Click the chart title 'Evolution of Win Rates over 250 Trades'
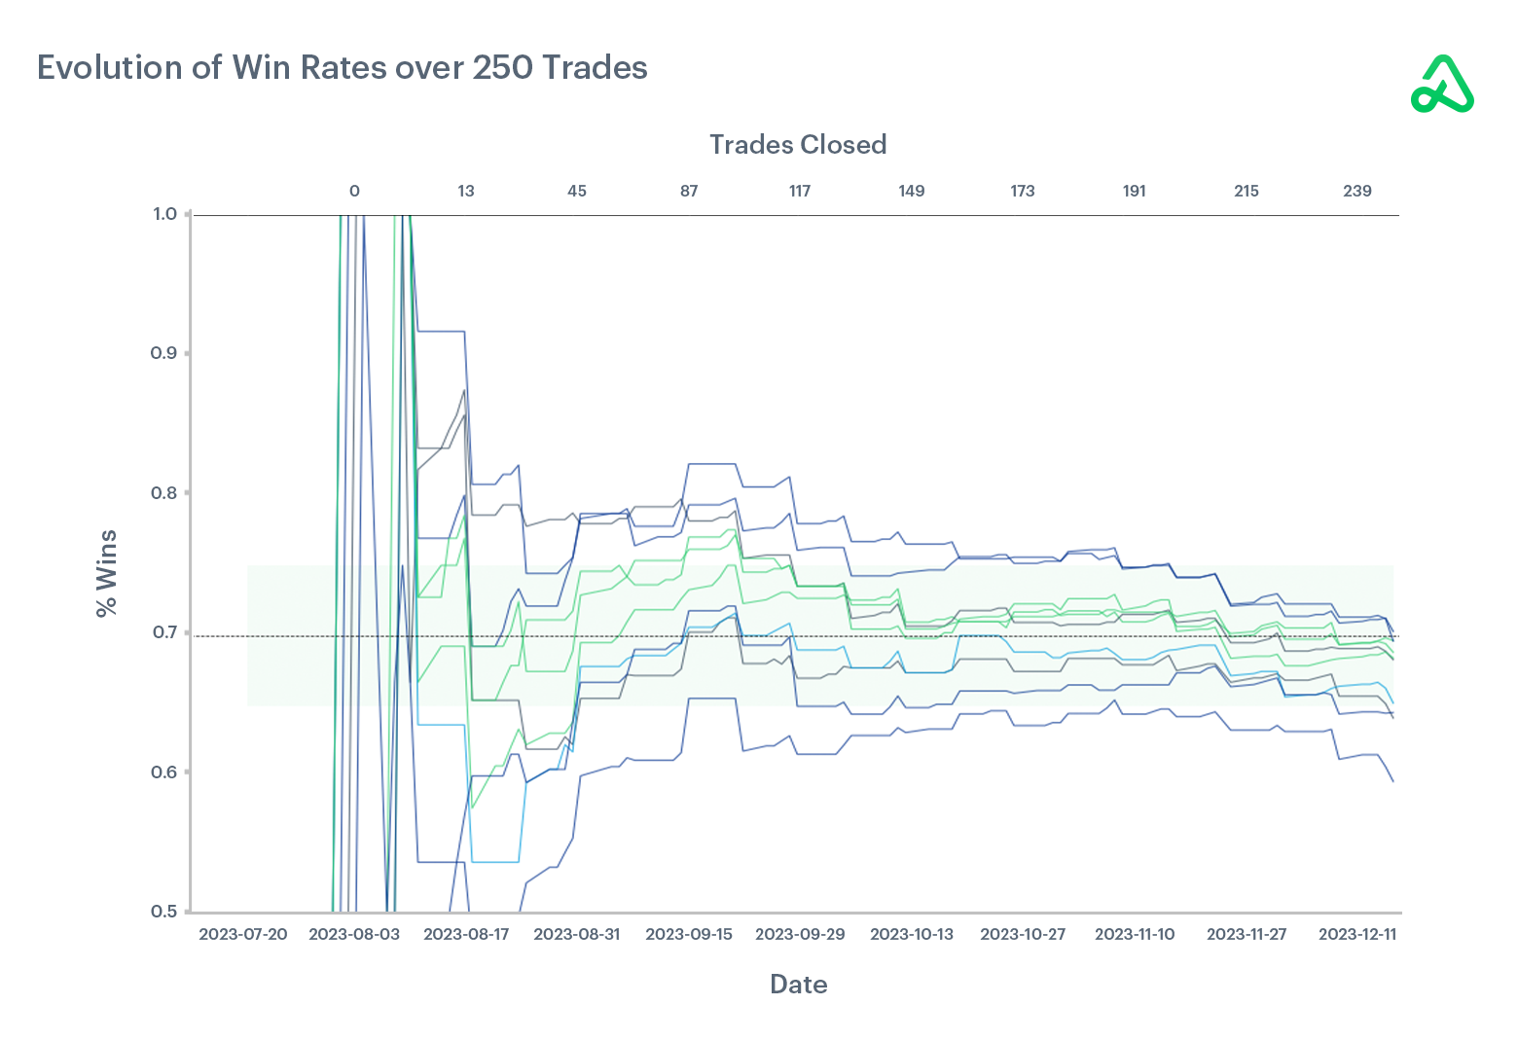342,68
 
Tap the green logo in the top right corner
1442,85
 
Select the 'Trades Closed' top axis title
797,145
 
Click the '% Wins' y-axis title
106,573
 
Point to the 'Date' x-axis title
798,985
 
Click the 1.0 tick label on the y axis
164,214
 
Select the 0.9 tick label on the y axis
164,353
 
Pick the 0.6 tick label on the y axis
164,772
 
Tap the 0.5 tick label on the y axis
164,912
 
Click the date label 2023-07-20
243,935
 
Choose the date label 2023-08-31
577,935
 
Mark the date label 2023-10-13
912,935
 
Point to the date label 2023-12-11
1357,935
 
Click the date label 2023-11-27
1247,935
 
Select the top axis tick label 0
354,192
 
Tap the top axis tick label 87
689,192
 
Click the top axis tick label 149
912,192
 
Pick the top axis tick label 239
1357,192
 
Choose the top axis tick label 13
466,192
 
